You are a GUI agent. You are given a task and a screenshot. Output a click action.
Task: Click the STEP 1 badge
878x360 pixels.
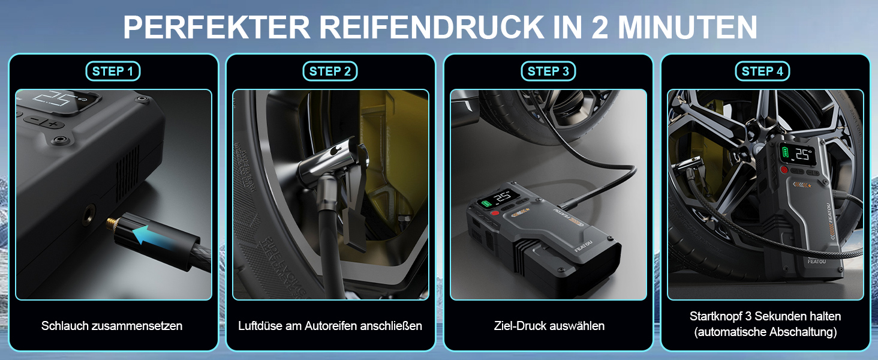coord(113,71)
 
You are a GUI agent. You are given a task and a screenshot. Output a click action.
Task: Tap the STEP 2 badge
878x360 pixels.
coord(330,71)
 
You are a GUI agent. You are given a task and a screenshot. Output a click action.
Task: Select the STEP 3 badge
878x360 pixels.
coord(548,71)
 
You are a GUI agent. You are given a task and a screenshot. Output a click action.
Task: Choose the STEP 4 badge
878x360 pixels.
coord(762,71)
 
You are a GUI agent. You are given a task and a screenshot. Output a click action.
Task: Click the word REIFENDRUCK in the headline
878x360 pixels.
coord(431,27)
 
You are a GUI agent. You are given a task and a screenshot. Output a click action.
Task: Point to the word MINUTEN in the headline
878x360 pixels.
coord(687,27)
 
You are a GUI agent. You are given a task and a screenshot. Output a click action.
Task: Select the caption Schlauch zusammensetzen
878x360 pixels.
coord(112,326)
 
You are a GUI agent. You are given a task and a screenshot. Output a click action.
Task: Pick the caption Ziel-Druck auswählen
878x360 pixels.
coord(549,326)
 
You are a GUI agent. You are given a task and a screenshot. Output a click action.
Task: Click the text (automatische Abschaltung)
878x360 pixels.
coord(765,332)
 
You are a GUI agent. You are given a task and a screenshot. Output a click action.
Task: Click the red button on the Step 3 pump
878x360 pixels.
coord(495,214)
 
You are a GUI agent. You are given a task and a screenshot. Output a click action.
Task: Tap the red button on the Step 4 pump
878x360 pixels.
coord(784,170)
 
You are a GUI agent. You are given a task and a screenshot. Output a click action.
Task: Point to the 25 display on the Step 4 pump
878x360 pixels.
coord(802,155)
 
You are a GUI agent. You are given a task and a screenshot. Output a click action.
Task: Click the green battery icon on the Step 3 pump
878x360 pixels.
coord(486,203)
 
